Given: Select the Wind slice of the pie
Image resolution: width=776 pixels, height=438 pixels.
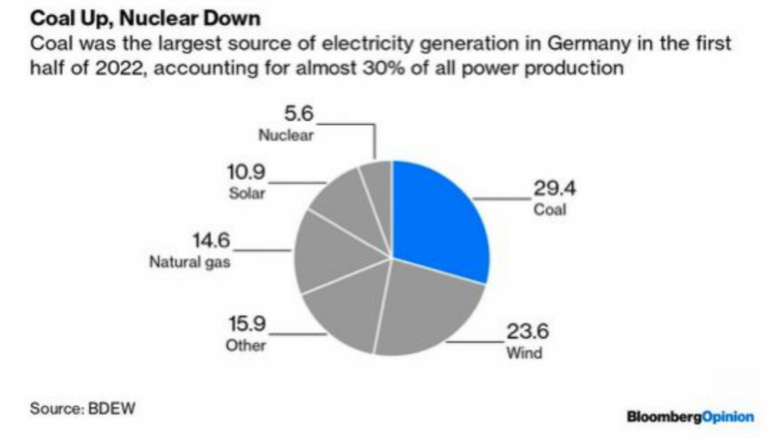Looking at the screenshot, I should [x=426, y=309].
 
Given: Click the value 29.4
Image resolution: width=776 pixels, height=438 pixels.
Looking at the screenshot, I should [x=555, y=188].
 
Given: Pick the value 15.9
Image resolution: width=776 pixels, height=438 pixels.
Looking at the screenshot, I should [x=248, y=325].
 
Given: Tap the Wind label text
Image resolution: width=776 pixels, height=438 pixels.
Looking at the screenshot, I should [x=524, y=352].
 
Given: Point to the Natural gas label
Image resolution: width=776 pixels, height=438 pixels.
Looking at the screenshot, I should [x=189, y=262].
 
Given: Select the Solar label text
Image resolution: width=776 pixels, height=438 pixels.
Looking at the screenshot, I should [x=246, y=194].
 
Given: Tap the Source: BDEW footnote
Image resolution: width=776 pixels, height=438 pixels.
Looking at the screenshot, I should [x=82, y=409].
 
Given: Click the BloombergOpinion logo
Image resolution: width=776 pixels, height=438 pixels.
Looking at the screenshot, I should [x=690, y=415].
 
